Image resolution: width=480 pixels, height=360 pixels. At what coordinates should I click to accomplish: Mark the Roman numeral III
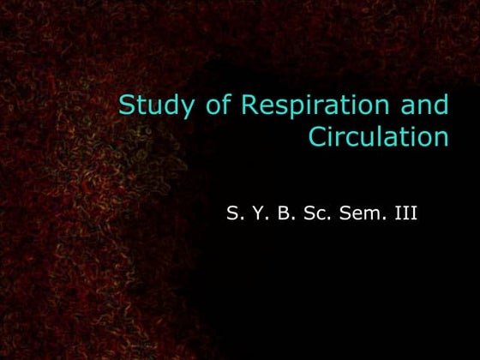(x=405, y=213)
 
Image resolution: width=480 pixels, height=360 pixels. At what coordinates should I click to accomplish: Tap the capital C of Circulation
(x=316, y=137)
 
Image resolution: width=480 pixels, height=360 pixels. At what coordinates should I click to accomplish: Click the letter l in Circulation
(x=383, y=136)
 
